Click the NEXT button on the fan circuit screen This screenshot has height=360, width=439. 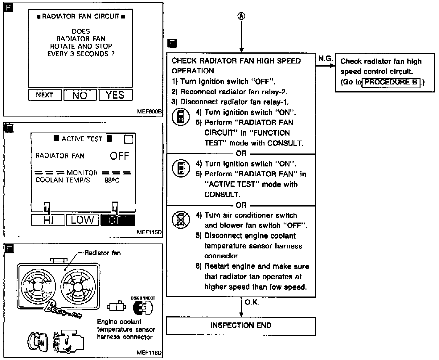[x=45, y=95]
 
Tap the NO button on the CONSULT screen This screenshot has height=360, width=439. [x=80, y=95]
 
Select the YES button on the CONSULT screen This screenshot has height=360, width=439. [x=115, y=95]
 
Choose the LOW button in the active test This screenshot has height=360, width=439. [x=82, y=220]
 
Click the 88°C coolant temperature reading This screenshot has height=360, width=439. [x=112, y=181]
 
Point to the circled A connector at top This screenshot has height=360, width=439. [x=241, y=16]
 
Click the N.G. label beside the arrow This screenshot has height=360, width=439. [x=325, y=59]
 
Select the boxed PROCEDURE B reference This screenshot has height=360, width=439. [x=391, y=82]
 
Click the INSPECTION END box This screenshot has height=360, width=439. [x=241, y=325]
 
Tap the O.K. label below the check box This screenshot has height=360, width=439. [x=252, y=302]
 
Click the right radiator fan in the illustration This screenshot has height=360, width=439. [x=78, y=286]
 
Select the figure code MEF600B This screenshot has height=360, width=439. [x=149, y=112]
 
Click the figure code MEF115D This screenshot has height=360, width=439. [x=149, y=232]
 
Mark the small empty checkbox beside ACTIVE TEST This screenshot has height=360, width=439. [x=129, y=139]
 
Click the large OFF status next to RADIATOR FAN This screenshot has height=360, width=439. [x=120, y=156]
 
